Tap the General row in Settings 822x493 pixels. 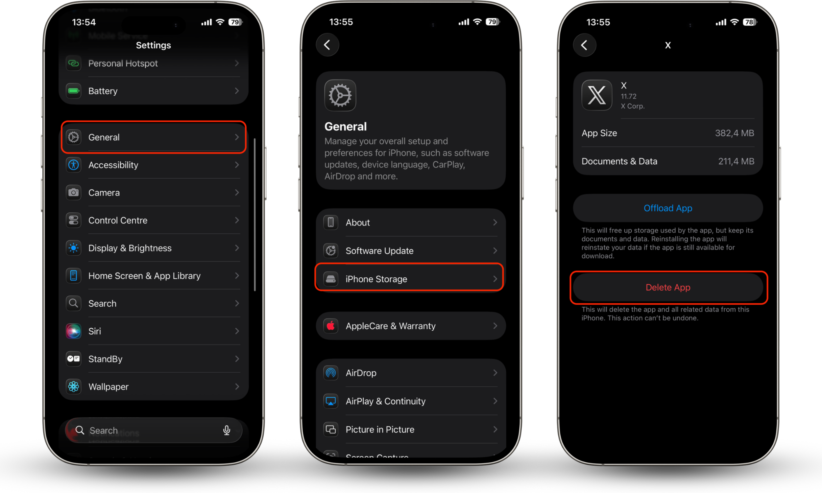click(x=154, y=137)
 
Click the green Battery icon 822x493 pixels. click(x=73, y=91)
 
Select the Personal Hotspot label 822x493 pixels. click(x=123, y=63)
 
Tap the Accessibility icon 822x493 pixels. click(x=73, y=165)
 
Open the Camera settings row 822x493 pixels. click(x=154, y=193)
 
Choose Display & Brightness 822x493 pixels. click(x=130, y=248)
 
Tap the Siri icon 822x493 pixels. click(x=73, y=331)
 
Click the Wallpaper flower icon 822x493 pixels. click(x=73, y=387)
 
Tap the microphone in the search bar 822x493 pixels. click(x=227, y=430)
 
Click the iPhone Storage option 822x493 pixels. click(x=409, y=279)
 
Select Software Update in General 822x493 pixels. click(x=379, y=251)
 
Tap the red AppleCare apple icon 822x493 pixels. click(x=330, y=326)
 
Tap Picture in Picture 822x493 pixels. click(x=380, y=430)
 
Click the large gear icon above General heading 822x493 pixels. click(x=340, y=95)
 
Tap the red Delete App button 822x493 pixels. click(x=668, y=287)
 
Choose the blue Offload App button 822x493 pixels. click(x=668, y=208)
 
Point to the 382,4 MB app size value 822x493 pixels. click(x=734, y=133)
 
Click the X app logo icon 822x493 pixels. click(x=597, y=95)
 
